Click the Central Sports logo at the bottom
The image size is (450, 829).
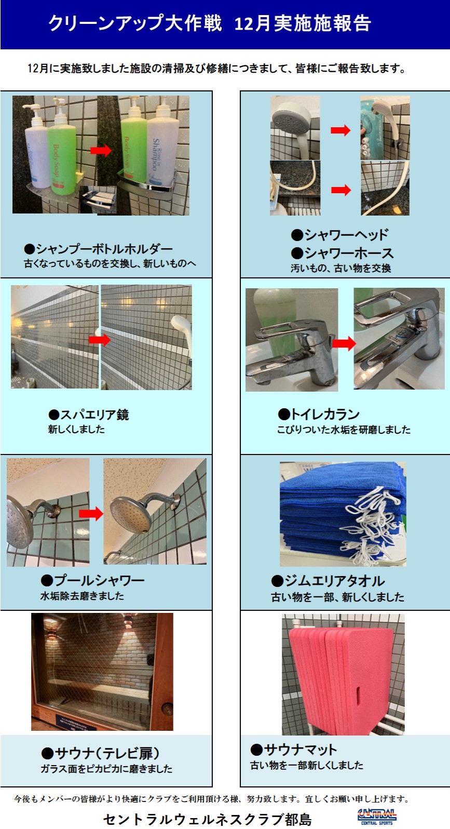coord(377,816)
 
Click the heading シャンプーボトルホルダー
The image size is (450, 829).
coord(98,249)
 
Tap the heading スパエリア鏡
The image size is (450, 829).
coord(88,414)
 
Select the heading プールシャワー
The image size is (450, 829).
coord(92,580)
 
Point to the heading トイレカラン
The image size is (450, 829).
coord(319,414)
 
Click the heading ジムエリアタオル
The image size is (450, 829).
coord(328,581)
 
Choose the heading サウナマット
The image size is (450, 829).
coord(294,750)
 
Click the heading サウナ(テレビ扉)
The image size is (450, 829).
coord(101,753)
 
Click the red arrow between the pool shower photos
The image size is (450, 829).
coord(91,514)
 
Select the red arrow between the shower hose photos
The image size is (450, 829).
coord(340,190)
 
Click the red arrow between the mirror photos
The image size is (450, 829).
coord(99,340)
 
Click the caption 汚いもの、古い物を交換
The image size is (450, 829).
coord(340,268)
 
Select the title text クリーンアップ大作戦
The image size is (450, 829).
coord(135,23)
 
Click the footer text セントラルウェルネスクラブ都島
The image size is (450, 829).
coord(208,819)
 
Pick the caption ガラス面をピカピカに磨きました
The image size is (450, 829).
coord(106,769)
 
